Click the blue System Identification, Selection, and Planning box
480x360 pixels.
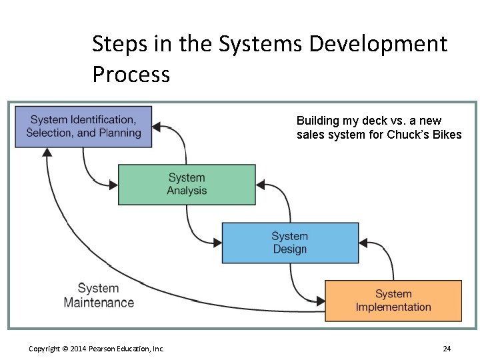(x=83, y=127)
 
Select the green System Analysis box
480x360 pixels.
(x=187, y=184)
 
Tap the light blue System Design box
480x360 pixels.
(x=290, y=243)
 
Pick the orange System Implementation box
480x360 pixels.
(x=393, y=301)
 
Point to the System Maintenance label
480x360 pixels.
(x=99, y=295)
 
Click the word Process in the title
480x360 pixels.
(x=131, y=74)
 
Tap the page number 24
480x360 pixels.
(x=447, y=349)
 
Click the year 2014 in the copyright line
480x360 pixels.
(x=79, y=349)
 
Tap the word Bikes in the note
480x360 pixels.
(x=445, y=135)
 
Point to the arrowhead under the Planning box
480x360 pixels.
(x=47, y=152)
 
